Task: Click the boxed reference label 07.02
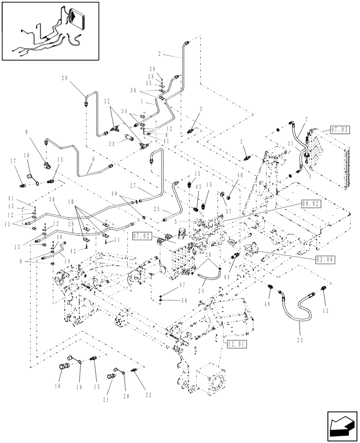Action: [x=141, y=237]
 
